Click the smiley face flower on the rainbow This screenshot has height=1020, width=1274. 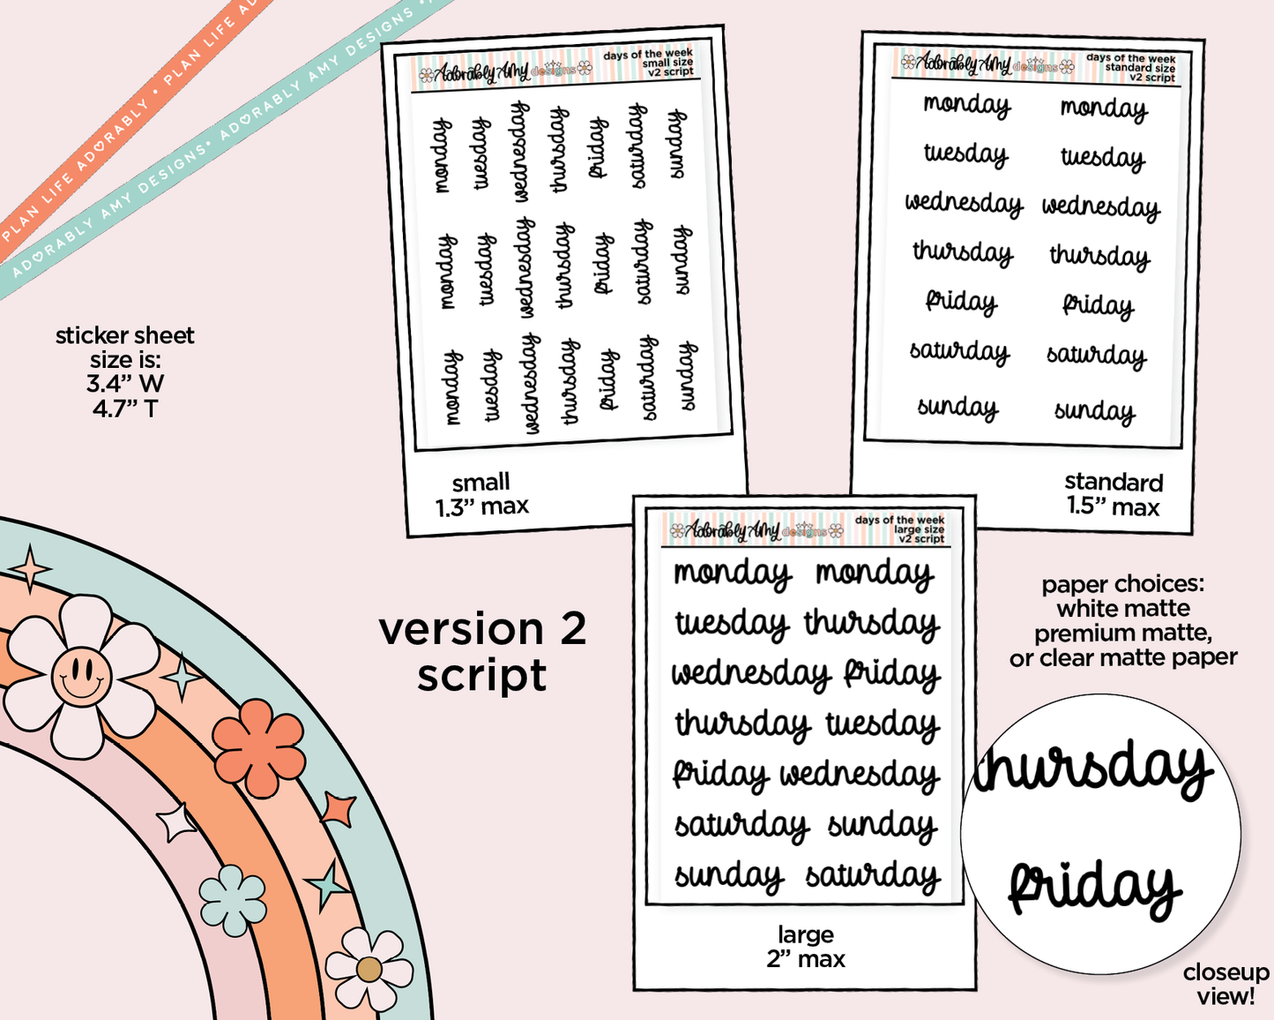tap(81, 675)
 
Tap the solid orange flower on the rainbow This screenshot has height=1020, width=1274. tap(258, 747)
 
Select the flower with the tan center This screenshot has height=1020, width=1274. tap(369, 969)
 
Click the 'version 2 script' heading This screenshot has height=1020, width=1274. tap(482, 652)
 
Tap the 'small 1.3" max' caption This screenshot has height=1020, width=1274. tap(481, 494)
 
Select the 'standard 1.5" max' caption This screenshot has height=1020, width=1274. tap(1113, 494)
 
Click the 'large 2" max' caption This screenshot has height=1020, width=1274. tap(805, 947)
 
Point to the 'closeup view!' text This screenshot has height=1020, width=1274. tap(1225, 984)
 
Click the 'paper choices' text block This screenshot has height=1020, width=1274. tap(1123, 621)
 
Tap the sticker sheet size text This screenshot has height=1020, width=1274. tap(124, 371)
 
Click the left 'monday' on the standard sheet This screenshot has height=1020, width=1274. tap(966, 105)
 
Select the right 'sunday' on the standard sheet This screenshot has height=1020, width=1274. tap(1094, 411)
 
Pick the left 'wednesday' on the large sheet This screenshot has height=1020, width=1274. tap(750, 675)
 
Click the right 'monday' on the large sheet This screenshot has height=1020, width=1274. tap(874, 574)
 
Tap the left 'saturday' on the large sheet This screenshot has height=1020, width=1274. tap(741, 826)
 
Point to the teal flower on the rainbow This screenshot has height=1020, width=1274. tap(232, 899)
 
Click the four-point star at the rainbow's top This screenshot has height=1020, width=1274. tap(30, 568)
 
